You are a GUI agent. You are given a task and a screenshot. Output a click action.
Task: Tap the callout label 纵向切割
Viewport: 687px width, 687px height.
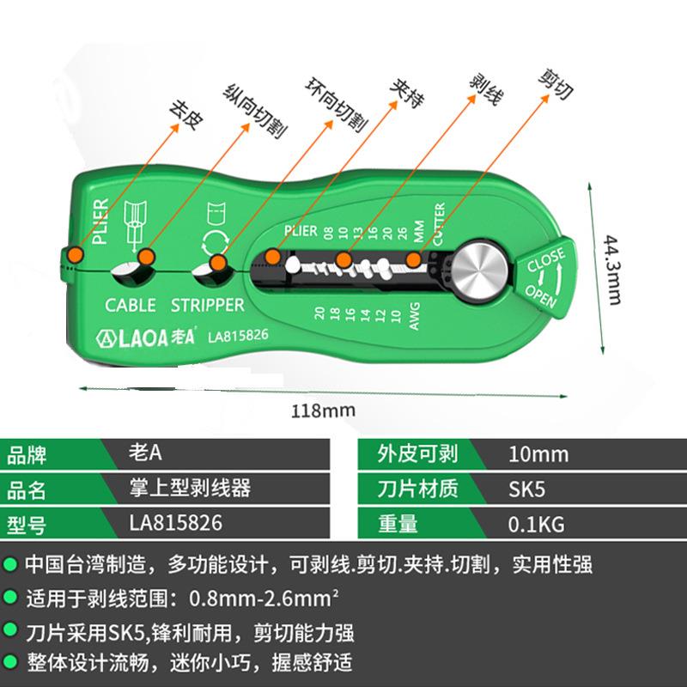[x=255, y=112]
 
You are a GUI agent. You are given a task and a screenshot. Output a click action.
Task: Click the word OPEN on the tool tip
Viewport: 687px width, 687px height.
[x=544, y=290]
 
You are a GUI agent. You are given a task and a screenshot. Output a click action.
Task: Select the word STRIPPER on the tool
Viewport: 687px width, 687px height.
[x=208, y=305]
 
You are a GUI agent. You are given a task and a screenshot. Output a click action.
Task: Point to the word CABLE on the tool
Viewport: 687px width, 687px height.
[x=131, y=305]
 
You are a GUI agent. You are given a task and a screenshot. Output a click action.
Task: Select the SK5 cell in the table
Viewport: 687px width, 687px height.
[x=527, y=489]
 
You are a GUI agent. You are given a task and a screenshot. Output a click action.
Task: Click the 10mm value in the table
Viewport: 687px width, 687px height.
[x=538, y=455]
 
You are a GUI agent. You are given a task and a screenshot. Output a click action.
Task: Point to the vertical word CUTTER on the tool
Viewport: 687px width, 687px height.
[x=439, y=224]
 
